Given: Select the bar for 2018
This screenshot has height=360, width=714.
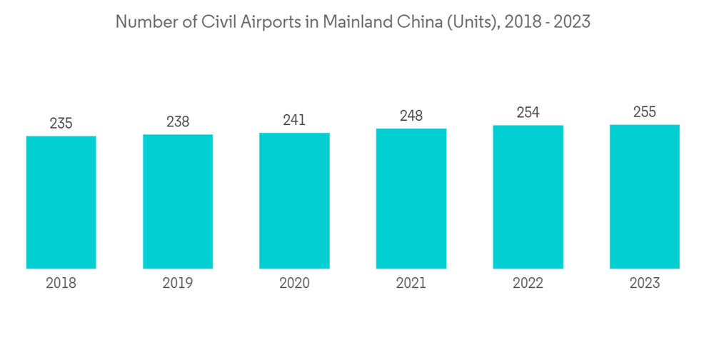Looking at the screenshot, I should (x=61, y=202).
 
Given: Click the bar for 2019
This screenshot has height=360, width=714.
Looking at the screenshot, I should (x=178, y=201).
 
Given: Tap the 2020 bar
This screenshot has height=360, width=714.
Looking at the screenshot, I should (x=294, y=201).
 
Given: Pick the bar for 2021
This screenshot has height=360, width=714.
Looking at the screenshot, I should (x=411, y=199).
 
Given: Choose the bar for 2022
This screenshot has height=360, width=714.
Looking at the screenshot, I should (x=528, y=197).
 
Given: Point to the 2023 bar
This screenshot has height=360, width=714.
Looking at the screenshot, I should (x=645, y=196).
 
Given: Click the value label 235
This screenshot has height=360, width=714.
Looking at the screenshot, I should (x=61, y=124).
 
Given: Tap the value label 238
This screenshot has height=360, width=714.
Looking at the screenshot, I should (x=178, y=121).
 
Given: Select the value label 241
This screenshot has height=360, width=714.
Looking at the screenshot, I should (x=294, y=120).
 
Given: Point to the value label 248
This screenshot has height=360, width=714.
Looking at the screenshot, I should (x=411, y=115).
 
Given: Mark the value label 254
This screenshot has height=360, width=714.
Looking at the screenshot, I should (x=528, y=112).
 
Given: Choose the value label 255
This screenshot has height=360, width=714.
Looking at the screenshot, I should (x=645, y=111).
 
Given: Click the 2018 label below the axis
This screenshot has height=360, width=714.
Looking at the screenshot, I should (x=61, y=284).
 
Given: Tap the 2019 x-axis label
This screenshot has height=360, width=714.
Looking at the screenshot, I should (x=178, y=284).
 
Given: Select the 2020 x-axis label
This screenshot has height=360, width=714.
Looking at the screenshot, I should (x=294, y=284).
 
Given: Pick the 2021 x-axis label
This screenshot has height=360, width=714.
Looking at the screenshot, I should (x=411, y=284).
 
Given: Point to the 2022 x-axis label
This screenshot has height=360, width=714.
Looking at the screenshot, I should (x=528, y=284).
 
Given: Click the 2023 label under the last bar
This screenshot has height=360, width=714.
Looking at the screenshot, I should (x=645, y=284).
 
